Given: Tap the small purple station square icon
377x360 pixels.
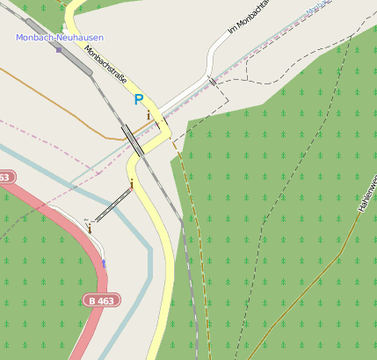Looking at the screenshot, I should [x=59, y=49].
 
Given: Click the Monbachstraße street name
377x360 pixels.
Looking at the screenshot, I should [x=106, y=68].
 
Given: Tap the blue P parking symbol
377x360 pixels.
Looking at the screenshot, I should [x=138, y=101].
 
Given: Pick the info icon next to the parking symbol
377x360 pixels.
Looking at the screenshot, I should [x=149, y=114].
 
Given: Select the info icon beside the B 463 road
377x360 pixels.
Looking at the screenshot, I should [x=89, y=227].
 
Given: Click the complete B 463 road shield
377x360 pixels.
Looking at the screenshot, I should [x=103, y=300].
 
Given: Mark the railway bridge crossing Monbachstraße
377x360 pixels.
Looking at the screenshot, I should [x=134, y=140].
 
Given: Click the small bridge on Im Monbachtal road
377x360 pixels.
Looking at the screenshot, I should [x=211, y=82].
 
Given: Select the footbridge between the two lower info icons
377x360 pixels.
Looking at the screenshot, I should [x=111, y=205].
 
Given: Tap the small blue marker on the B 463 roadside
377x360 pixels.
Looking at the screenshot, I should [x=104, y=263].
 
